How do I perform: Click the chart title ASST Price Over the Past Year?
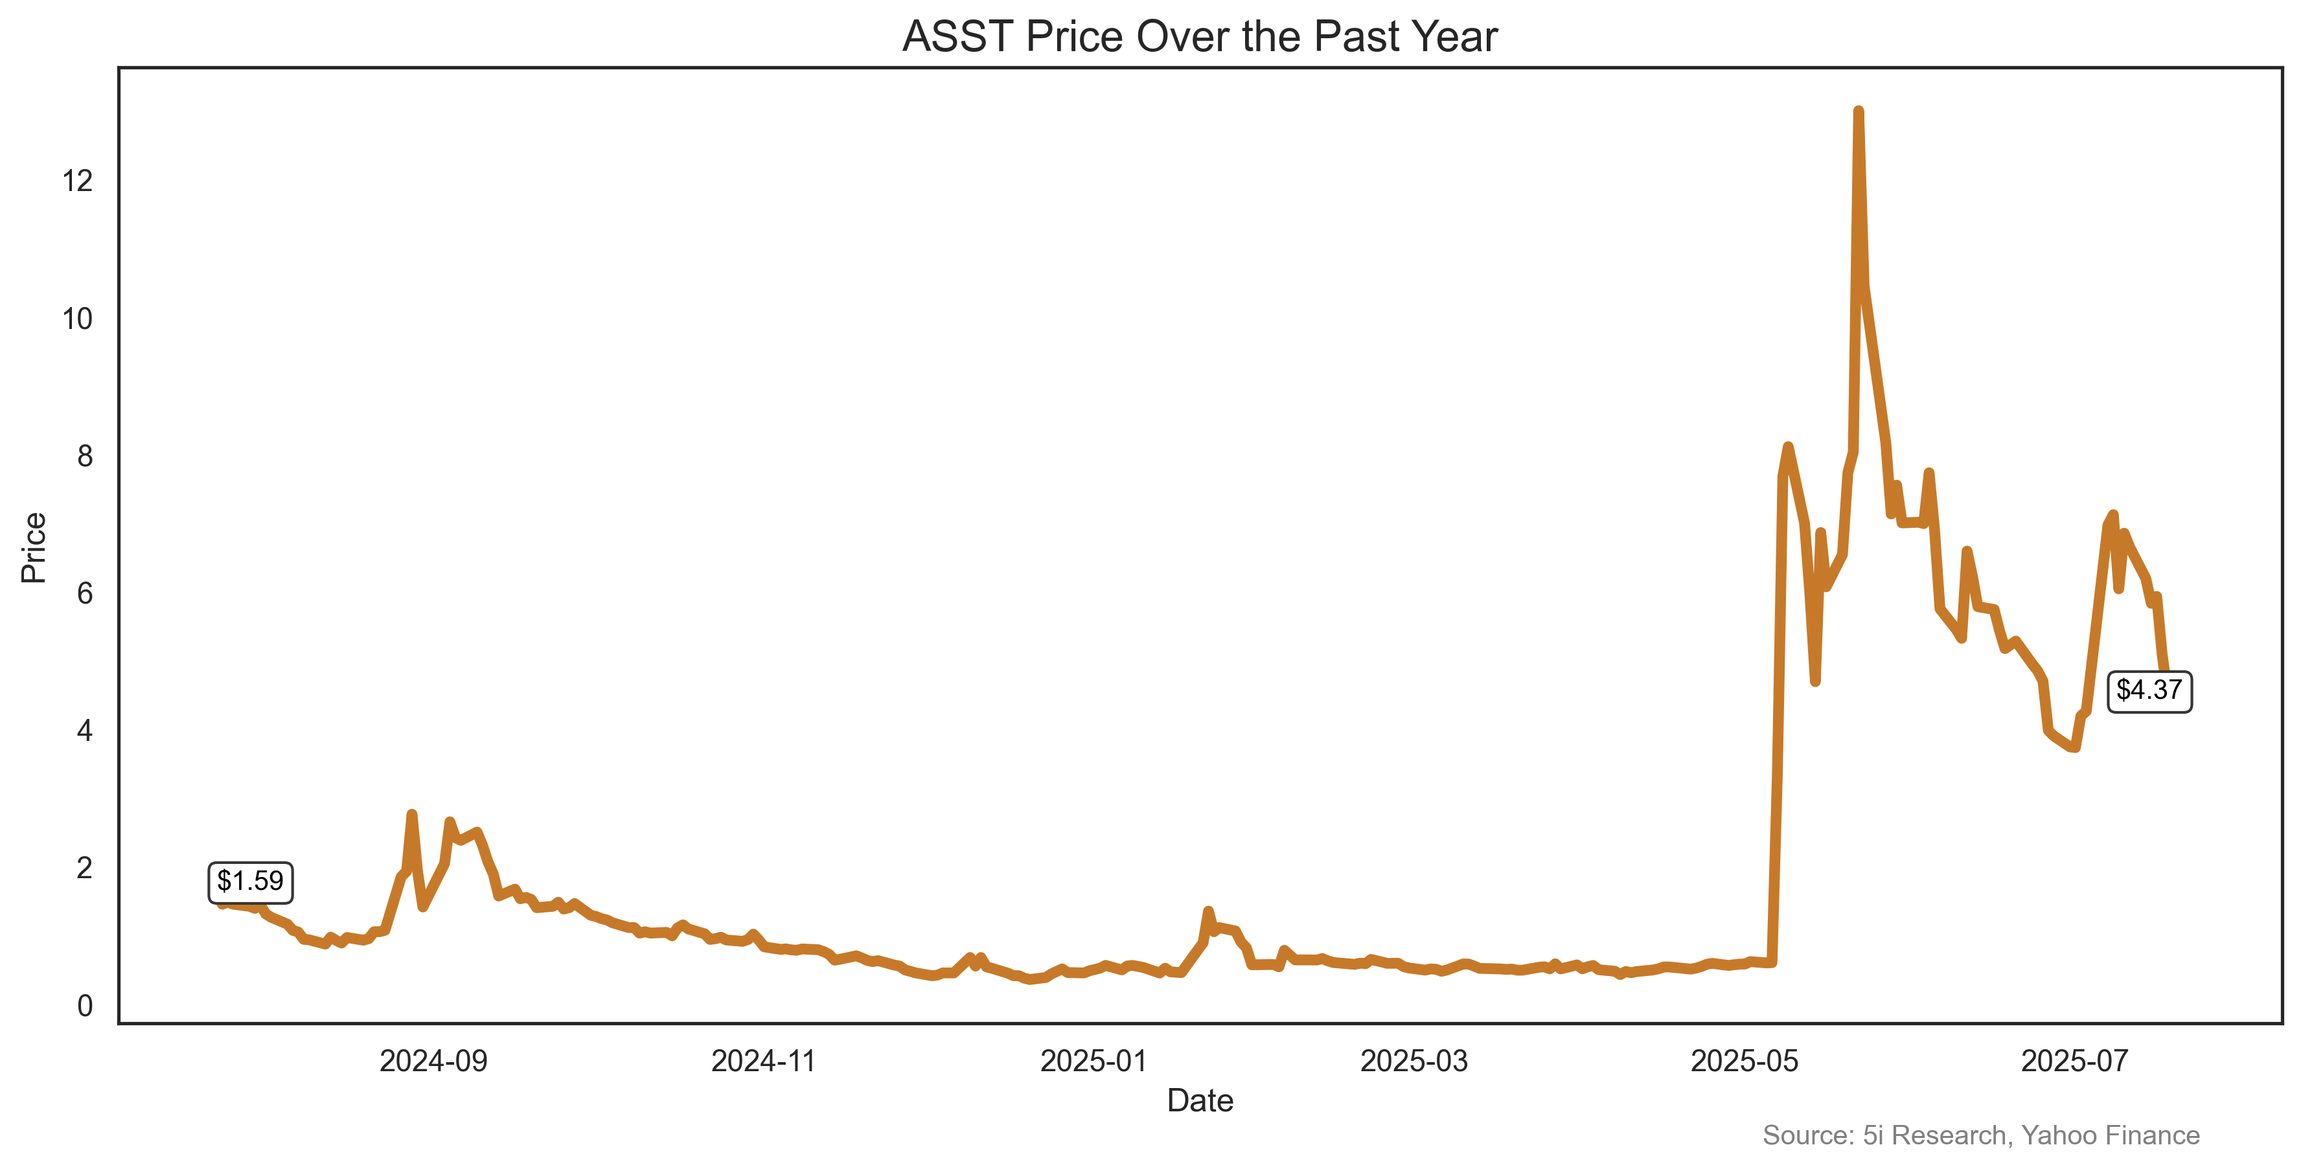(x=1200, y=37)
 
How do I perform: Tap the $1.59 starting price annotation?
(x=250, y=881)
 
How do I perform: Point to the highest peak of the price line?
(x=1858, y=113)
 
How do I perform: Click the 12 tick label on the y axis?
(x=78, y=181)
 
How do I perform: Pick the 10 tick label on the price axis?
(x=78, y=319)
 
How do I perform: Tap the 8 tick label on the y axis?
(x=85, y=457)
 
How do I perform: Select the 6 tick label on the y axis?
(x=85, y=594)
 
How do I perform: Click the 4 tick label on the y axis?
(x=85, y=731)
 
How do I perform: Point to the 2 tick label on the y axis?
(x=85, y=868)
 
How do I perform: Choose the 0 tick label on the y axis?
(x=85, y=1006)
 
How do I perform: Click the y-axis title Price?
(x=34, y=547)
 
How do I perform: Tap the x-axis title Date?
(x=1200, y=1101)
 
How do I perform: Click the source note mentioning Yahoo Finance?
(x=1980, y=1135)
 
